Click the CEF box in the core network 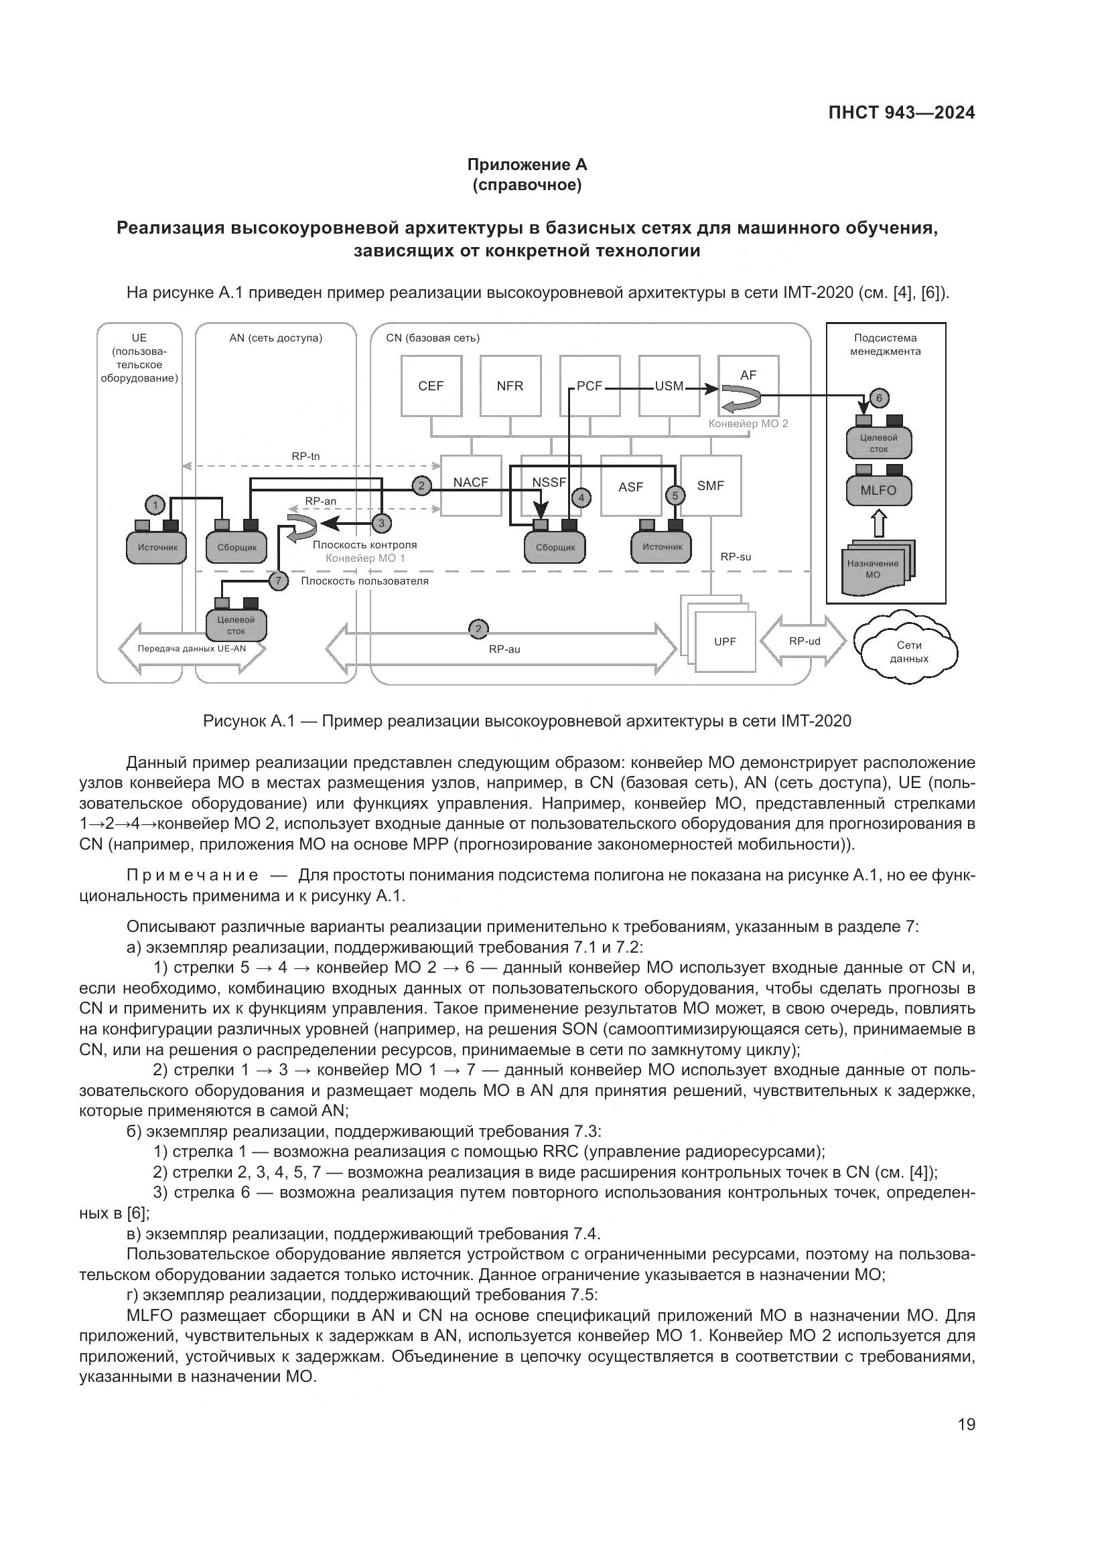(431, 386)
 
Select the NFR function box (510, 386)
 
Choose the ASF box (631, 487)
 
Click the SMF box (711, 485)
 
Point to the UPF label (725, 641)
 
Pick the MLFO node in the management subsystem (879, 490)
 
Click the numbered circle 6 (879, 398)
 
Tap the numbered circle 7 (278, 581)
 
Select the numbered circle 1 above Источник (155, 505)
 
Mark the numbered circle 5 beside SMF (675, 495)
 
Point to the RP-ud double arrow (804, 641)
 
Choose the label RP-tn (305, 457)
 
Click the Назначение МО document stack (877, 569)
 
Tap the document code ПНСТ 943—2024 (901, 113)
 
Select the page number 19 (966, 1424)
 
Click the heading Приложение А (527, 165)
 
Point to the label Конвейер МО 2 (748, 424)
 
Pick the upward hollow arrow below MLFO (880, 524)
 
